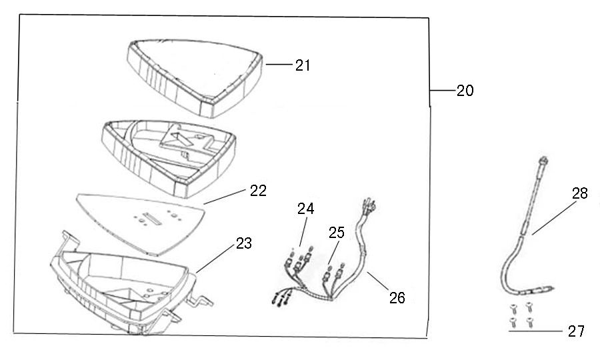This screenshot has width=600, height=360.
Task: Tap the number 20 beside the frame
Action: click(465, 91)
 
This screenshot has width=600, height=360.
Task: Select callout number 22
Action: click(258, 191)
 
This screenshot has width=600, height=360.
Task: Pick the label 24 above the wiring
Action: click(306, 208)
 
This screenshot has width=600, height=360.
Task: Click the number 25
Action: click(337, 232)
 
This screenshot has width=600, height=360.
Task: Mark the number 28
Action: click(579, 193)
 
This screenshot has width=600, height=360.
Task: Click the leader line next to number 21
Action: click(280, 65)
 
